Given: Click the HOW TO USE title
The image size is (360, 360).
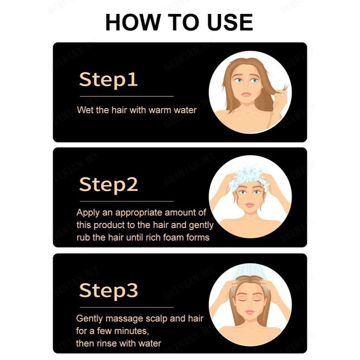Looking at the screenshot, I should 179,22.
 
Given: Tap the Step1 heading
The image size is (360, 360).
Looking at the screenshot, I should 108,79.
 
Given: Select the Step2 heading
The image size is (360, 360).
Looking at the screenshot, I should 108,184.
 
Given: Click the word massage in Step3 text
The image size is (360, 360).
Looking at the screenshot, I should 119,318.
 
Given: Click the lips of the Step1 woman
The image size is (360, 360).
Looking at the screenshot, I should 247,94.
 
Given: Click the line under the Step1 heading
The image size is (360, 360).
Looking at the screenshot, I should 126,96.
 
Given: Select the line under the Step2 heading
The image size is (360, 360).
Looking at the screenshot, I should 126,201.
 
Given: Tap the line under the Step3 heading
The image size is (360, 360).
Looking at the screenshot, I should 126,307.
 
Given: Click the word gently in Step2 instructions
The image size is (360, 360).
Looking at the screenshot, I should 201,225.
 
